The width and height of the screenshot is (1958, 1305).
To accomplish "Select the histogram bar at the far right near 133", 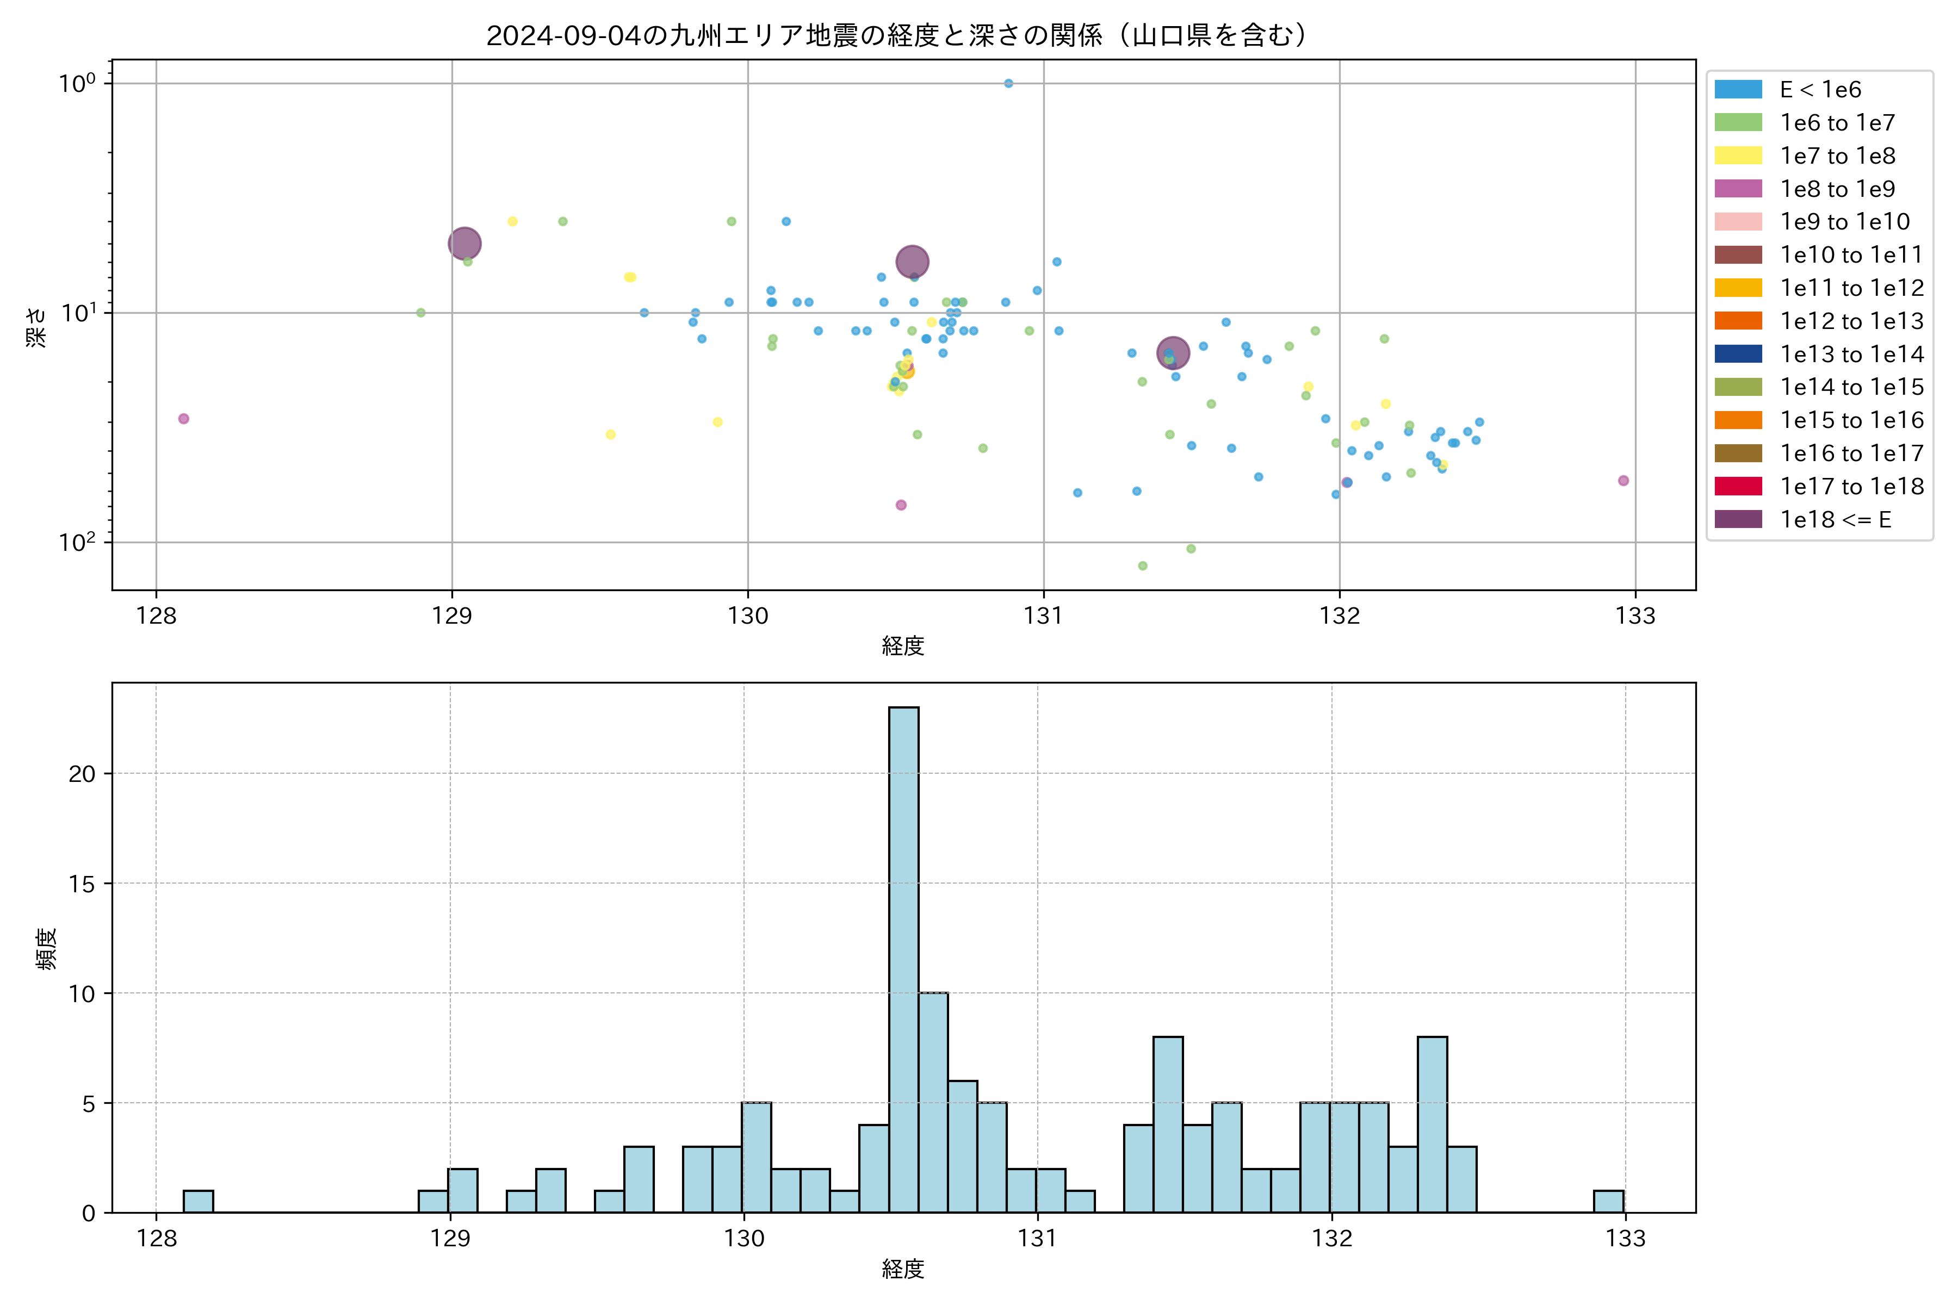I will click(1608, 1201).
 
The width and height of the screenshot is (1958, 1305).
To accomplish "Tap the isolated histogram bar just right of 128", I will click(198, 1201).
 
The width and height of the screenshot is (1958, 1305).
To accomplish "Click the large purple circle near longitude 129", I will click(464, 244).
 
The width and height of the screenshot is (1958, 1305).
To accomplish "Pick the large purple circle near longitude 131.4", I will click(1173, 353).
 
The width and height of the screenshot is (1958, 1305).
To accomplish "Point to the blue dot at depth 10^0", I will click(1008, 83).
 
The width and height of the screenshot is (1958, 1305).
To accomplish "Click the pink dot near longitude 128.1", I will click(184, 419).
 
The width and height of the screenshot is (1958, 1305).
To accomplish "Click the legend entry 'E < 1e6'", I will click(1820, 90).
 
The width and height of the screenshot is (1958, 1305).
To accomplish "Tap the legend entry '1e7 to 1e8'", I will click(1837, 156).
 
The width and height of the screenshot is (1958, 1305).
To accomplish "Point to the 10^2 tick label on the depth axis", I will click(77, 542).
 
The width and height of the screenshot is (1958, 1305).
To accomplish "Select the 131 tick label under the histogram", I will click(1037, 1239).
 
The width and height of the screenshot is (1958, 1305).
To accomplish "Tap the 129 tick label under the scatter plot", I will click(452, 616).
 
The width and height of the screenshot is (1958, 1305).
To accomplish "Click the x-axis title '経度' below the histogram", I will click(903, 1269).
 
